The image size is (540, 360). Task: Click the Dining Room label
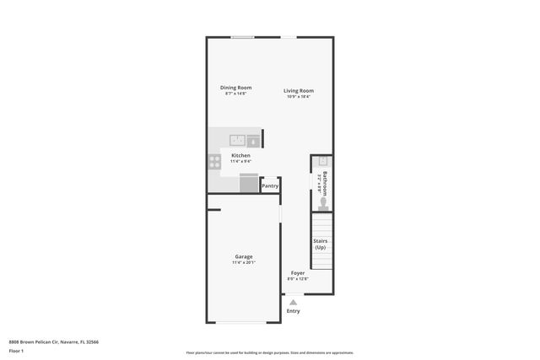236,87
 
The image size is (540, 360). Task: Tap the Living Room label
298,90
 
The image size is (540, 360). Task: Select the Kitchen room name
240,155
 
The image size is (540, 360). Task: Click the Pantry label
270,185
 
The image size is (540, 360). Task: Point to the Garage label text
243,256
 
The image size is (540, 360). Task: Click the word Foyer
298,273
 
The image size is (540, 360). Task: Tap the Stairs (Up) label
321,244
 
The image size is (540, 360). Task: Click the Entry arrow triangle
293,302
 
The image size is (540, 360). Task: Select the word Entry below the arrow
293,311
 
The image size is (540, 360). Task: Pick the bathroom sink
321,160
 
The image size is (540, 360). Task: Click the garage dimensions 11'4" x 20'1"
243,263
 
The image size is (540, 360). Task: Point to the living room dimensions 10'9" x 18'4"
298,97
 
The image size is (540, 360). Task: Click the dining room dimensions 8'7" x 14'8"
236,94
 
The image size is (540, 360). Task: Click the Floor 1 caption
16,350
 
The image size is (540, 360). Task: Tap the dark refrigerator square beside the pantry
249,184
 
